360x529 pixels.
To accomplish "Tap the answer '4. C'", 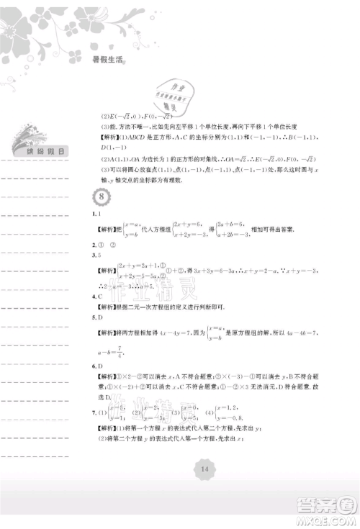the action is coord(96,296).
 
